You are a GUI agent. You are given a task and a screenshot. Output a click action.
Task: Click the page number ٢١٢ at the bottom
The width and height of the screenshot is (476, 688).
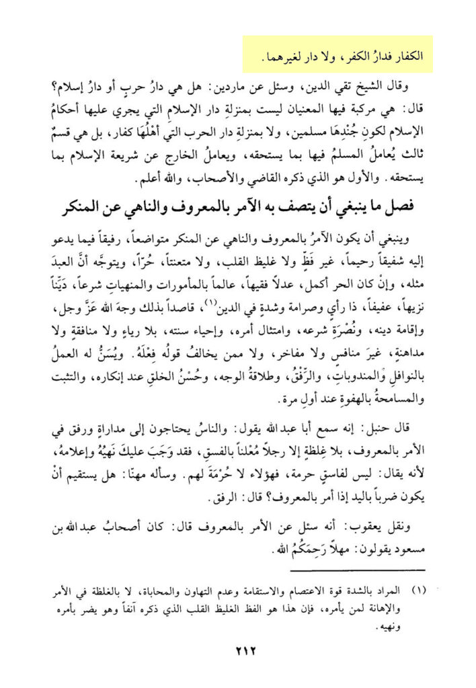tap(238, 649)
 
